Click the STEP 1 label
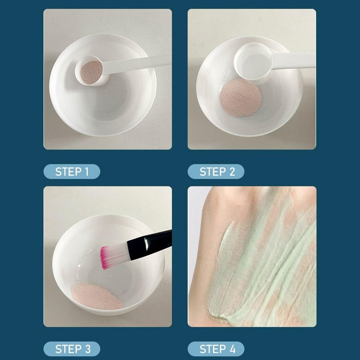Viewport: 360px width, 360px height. tap(72, 172)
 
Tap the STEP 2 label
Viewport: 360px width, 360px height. tap(216, 172)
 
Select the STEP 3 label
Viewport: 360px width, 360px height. tap(72, 349)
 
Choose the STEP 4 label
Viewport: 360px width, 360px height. tap(216, 349)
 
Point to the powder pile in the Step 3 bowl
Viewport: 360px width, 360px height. tap(96, 296)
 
